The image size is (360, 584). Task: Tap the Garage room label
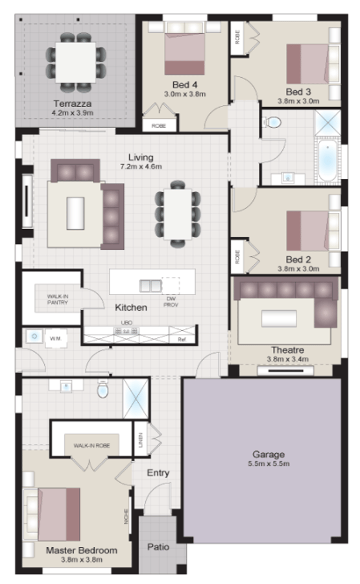[x=269, y=454]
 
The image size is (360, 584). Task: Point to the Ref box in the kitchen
[x=182, y=339]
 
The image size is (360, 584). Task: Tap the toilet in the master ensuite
[x=102, y=389]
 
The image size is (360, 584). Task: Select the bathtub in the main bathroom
[x=326, y=159]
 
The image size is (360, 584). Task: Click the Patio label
[x=158, y=546]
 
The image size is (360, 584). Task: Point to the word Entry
[x=158, y=473]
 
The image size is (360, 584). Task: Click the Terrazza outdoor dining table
[x=75, y=60]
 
